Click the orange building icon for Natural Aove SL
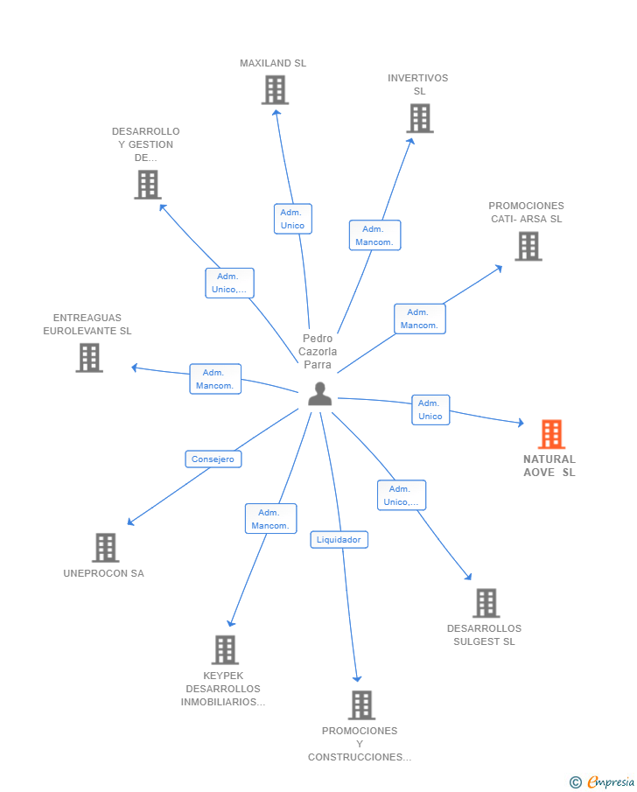(551, 434)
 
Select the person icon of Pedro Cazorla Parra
(319, 395)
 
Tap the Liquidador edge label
(339, 540)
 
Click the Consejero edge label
(213, 459)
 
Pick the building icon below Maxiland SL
(275, 90)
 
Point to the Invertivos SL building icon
(420, 118)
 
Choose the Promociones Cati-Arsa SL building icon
(528, 247)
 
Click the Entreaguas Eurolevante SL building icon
(88, 358)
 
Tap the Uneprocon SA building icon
(105, 548)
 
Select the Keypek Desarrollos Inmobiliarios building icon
(225, 650)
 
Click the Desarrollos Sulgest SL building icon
(486, 603)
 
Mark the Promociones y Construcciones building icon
(360, 705)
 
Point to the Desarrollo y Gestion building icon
(148, 185)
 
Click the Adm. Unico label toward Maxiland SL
(292, 219)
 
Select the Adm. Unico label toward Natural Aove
(430, 410)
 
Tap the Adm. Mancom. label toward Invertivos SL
(374, 235)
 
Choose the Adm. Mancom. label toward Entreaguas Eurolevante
(215, 379)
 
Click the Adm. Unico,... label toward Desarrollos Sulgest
(402, 495)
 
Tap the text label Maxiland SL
(273, 63)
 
